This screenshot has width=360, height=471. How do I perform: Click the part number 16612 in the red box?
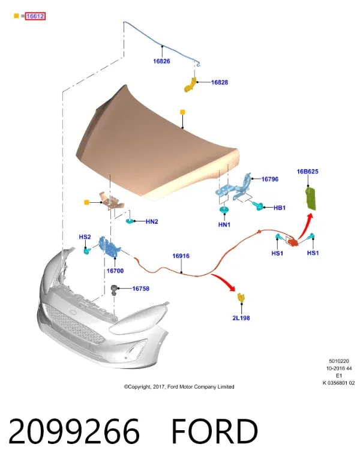point(35,16)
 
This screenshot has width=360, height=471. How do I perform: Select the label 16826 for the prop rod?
point(161,61)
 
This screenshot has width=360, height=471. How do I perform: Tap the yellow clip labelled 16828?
point(190,85)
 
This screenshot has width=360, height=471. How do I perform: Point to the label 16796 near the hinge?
point(270,179)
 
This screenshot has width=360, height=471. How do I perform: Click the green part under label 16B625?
point(310,197)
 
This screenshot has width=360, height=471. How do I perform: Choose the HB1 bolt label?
point(279,208)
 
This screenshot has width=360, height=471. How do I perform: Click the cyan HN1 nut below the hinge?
point(224,210)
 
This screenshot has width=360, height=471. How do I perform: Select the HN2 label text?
point(152,221)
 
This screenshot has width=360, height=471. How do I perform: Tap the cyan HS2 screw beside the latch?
point(88,250)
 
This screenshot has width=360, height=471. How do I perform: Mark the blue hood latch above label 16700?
point(109,247)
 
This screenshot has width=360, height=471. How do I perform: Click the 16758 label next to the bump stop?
point(140,289)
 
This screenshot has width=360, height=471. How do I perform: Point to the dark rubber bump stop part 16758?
point(115,290)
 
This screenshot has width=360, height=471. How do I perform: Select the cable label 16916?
point(181,256)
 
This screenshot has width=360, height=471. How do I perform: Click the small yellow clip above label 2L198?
point(241,298)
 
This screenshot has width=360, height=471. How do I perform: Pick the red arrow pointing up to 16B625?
point(305,226)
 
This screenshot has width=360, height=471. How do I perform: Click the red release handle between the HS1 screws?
point(292,242)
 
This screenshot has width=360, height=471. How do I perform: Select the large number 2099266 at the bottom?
point(74,431)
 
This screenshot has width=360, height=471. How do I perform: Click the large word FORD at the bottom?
point(215,431)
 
